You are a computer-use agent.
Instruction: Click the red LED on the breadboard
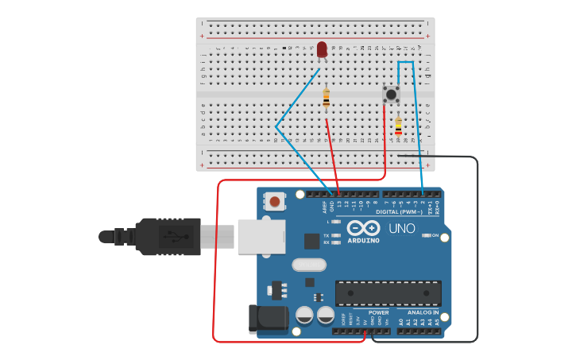[322, 50]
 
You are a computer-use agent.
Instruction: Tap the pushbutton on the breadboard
[391, 94]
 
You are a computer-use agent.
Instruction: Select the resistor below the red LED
[327, 99]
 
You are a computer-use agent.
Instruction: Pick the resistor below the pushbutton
[398, 126]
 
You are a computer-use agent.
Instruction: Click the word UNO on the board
[401, 229]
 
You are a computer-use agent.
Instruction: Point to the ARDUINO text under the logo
[363, 240]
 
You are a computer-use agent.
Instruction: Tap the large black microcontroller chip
[388, 292]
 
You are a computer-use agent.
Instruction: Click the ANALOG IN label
[423, 312]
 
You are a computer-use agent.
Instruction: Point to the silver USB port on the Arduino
[261, 236]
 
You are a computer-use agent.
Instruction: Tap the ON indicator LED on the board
[427, 235]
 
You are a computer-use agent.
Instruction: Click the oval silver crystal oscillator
[309, 265]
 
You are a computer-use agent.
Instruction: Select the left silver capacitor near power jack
[304, 315]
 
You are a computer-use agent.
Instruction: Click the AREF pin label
[323, 207]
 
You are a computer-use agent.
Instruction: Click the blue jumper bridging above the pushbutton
[405, 62]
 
